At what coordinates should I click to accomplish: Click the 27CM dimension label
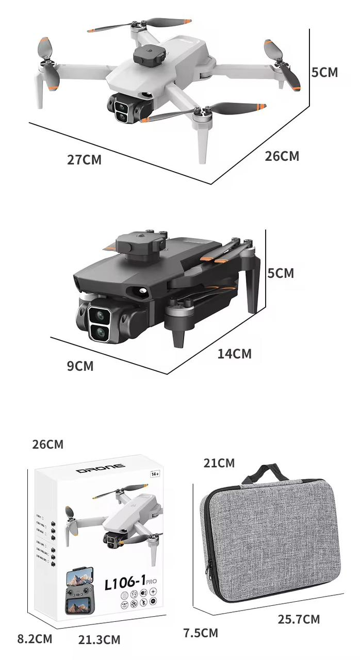(85, 160)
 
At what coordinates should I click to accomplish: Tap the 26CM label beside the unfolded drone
(282, 156)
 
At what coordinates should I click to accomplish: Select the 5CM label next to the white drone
(325, 72)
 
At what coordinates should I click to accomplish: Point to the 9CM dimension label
(80, 366)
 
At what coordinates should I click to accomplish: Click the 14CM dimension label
(235, 354)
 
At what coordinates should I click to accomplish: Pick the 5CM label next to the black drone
(281, 273)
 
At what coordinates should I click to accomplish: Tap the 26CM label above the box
(47, 444)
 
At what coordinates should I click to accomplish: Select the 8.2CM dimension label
(35, 639)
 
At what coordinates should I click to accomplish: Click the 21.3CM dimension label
(99, 640)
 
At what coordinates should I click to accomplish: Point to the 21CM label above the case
(219, 463)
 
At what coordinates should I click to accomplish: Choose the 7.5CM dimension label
(201, 633)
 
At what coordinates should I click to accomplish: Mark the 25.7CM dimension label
(299, 619)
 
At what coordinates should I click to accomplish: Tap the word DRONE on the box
(101, 469)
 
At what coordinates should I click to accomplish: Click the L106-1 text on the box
(126, 583)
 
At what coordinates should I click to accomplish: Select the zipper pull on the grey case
(208, 570)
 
